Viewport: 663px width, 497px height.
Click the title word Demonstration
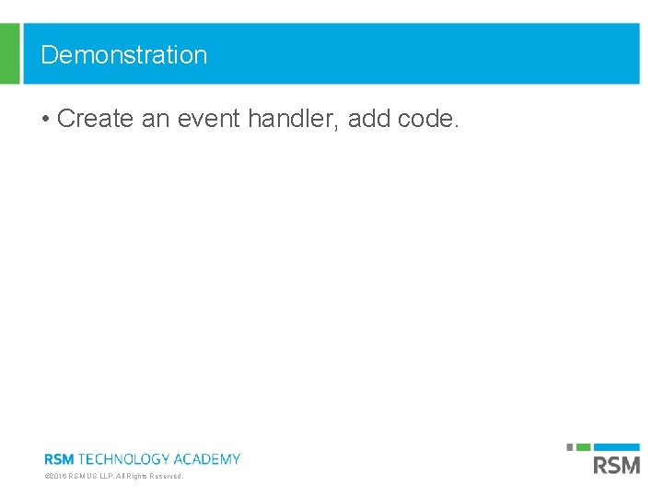124,55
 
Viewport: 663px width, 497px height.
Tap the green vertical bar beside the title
9,53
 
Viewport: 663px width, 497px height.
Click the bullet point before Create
45,120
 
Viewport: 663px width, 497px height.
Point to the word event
213,119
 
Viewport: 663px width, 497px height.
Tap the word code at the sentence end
425,119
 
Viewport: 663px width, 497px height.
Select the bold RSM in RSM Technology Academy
59,458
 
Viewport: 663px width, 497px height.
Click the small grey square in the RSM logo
570,447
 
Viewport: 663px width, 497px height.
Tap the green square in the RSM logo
583,447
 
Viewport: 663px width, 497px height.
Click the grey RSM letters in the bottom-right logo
616,465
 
